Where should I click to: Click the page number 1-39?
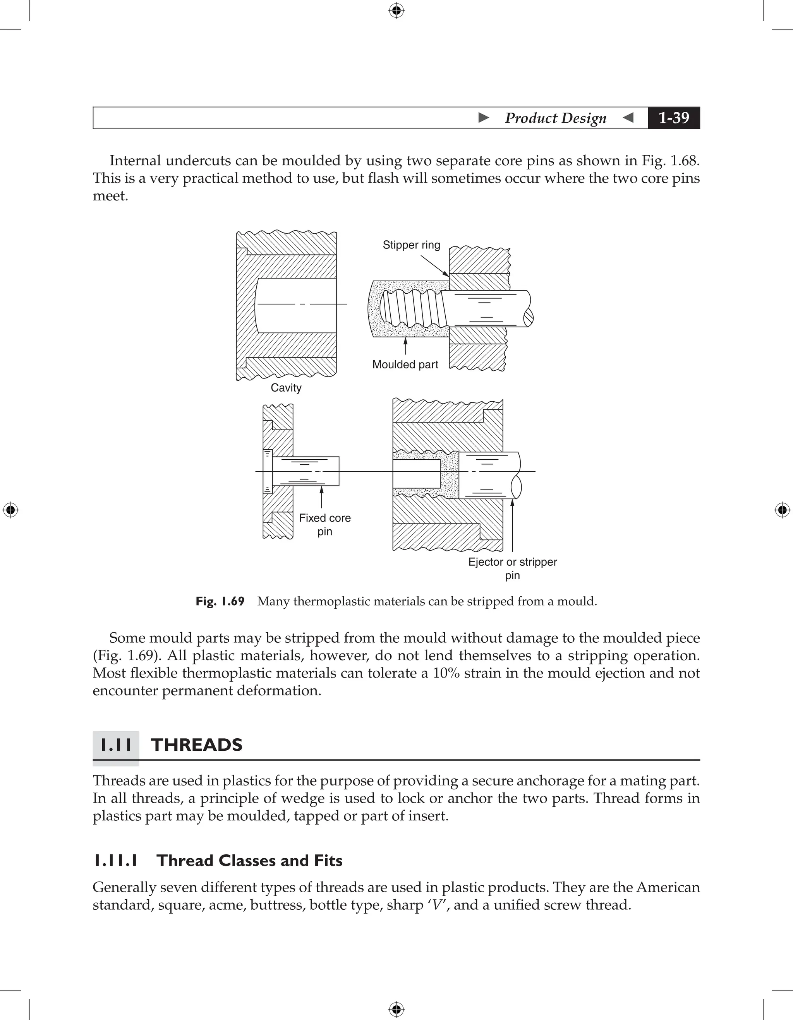[673, 118]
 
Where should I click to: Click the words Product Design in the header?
[556, 118]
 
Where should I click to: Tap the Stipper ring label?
[411, 245]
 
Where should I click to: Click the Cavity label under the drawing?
[286, 388]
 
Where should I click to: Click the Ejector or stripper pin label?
[513, 568]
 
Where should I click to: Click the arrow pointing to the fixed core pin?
[321, 497]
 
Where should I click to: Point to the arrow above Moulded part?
[405, 345]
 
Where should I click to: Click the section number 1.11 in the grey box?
[116, 745]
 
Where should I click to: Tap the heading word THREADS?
[197, 745]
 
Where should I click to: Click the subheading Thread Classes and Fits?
[249, 860]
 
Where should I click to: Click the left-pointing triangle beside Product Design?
[628, 118]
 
